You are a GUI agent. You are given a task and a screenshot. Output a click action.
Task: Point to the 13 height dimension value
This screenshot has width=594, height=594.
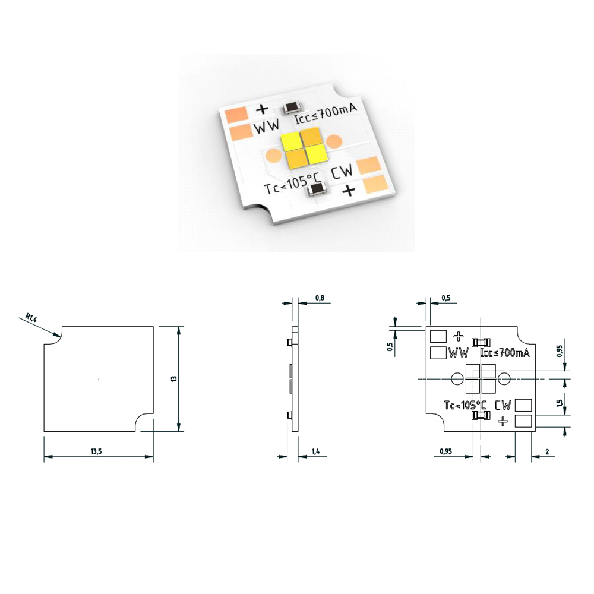173,378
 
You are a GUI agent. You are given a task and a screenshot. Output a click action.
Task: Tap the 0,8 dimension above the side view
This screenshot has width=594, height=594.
320,297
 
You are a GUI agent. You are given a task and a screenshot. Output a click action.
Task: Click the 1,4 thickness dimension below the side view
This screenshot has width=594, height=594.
316,452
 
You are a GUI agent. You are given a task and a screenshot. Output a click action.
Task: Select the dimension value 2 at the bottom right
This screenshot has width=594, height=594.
546,452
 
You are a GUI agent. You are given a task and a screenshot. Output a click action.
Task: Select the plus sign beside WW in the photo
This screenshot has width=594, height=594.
261,109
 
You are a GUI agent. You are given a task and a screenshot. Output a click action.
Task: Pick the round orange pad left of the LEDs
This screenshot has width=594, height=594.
273,156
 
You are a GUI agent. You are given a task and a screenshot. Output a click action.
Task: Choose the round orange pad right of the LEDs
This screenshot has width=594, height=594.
334,141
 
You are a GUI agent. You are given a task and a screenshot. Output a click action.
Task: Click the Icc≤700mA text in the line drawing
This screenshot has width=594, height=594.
504,353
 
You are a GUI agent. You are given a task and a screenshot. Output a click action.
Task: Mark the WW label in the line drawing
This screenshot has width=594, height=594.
459,353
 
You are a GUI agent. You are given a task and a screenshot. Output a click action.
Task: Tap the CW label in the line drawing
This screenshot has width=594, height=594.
503,406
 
